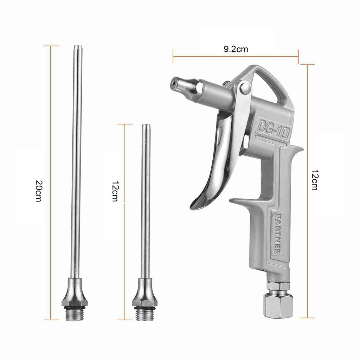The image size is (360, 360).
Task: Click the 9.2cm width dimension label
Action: click(236, 49)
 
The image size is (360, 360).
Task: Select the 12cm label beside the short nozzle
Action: click(115, 191)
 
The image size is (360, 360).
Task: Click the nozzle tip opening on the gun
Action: click(173, 83)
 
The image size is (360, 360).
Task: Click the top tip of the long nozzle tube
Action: click(76, 47)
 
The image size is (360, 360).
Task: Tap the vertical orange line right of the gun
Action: click(308, 246)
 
